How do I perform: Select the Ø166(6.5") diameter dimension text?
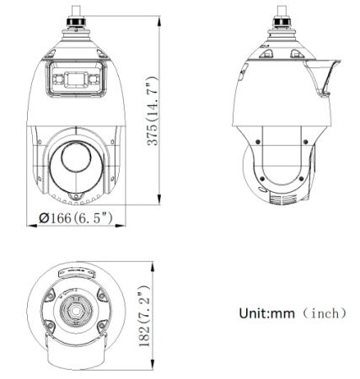coord(77,219)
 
